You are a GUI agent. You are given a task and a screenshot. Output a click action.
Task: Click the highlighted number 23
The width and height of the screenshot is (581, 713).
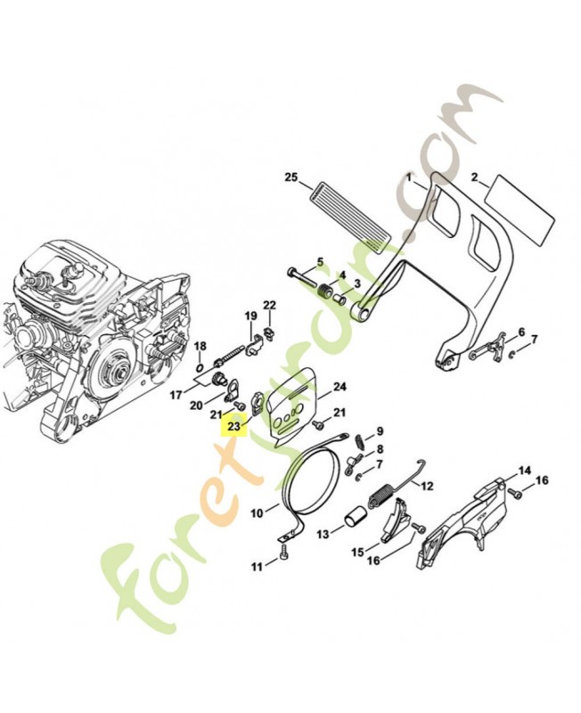tap(234, 427)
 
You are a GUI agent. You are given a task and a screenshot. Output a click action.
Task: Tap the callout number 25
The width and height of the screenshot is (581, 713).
tap(290, 176)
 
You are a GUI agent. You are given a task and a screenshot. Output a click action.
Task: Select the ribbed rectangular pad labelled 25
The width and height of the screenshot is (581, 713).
tap(353, 210)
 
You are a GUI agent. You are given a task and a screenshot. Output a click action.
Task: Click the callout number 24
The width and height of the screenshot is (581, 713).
tap(339, 387)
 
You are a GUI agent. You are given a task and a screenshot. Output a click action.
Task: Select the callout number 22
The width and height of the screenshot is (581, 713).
tap(269, 306)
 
